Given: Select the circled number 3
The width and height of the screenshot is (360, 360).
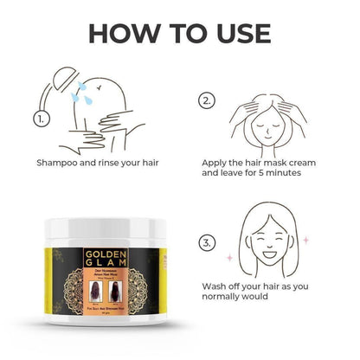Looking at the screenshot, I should tap(206, 243).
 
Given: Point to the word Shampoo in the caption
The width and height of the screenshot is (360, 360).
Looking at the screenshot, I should tap(60, 162).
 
